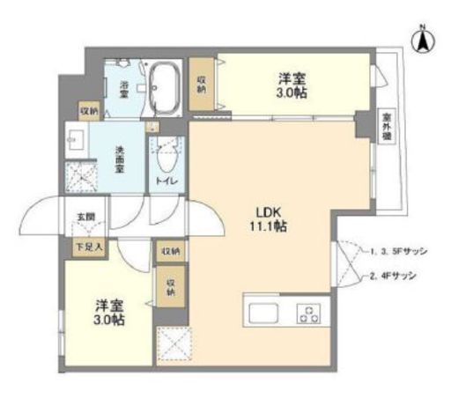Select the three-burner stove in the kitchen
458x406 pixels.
click(x=310, y=313)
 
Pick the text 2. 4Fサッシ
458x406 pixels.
click(x=394, y=276)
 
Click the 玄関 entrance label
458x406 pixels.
click(x=84, y=218)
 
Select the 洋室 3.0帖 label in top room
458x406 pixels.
click(x=292, y=85)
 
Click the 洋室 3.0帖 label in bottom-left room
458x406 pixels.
click(x=110, y=313)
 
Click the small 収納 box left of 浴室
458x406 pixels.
click(x=89, y=111)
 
